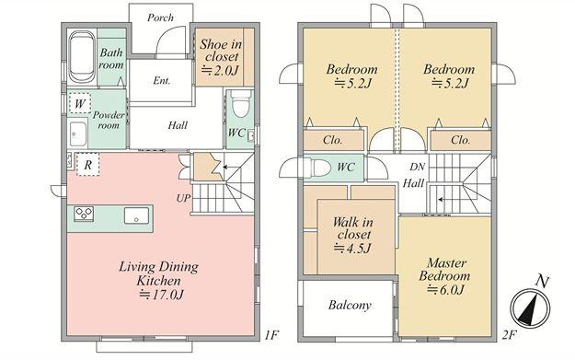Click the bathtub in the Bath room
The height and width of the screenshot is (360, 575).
81,57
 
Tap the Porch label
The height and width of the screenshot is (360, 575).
160,17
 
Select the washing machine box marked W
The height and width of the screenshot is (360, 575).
79,103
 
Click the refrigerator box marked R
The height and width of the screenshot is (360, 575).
87,165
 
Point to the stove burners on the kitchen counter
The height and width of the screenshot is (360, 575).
84,214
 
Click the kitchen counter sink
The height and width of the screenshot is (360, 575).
136,215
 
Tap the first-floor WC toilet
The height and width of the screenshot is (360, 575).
241,103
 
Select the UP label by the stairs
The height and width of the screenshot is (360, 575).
183,198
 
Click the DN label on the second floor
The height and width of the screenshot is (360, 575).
417,167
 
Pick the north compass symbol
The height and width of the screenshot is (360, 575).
530,307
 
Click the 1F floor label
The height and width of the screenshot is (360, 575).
271,334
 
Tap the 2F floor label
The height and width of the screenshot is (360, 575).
509,334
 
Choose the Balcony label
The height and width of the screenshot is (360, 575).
350,305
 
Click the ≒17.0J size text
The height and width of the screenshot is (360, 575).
161,295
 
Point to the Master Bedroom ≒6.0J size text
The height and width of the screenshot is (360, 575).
446,290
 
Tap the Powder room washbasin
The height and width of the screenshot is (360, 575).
78,134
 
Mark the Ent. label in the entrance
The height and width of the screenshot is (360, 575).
162,80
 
